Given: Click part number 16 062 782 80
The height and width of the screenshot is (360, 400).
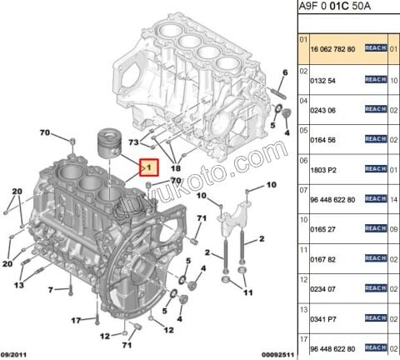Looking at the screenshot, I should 332,49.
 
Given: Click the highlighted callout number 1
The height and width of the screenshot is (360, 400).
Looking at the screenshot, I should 148,167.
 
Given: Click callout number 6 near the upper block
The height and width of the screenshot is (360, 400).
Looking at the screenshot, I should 284,72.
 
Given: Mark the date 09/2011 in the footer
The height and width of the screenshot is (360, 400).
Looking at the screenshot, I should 17,354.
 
